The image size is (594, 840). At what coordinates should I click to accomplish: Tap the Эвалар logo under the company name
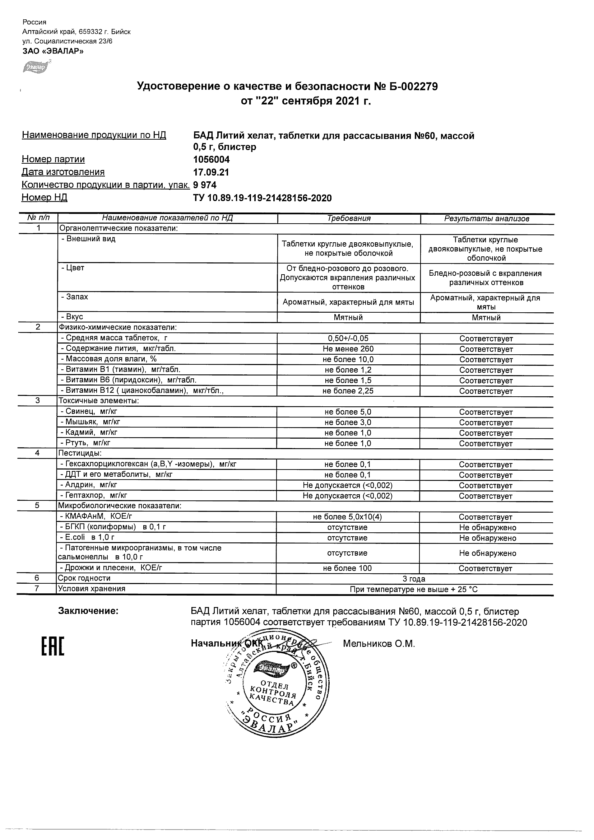[x=36, y=67]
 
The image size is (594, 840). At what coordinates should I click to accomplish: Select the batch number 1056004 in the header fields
[x=211, y=159]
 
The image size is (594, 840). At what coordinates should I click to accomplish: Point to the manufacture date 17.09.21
[x=211, y=172]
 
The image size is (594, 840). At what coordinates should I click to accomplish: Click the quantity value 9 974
[x=205, y=185]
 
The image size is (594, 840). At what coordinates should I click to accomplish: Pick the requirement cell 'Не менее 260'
[x=348, y=349]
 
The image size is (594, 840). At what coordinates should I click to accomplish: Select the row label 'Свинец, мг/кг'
[x=89, y=411]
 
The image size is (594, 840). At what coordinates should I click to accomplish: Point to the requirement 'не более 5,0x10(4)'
[x=347, y=517]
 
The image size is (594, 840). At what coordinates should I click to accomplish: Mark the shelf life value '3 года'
[x=414, y=579]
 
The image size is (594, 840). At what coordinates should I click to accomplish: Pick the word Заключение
[x=88, y=611]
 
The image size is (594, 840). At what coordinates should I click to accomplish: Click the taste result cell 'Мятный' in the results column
[x=486, y=318]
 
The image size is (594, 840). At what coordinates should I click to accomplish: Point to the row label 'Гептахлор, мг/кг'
[x=94, y=495]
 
